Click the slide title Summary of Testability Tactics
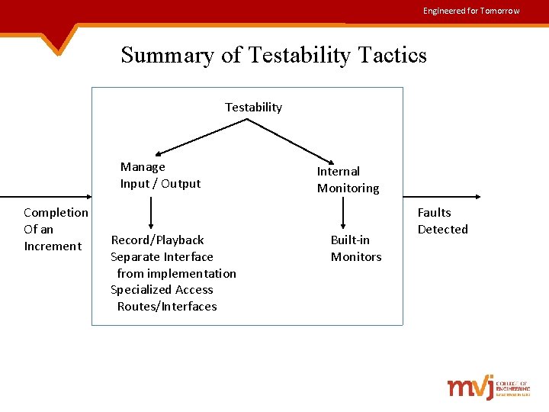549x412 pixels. click(274, 55)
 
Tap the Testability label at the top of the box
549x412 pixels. click(253, 107)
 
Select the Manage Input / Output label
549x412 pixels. click(160, 175)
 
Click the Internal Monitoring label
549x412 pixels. click(348, 179)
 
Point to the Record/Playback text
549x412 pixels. click(157, 240)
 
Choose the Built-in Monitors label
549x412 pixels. click(355, 248)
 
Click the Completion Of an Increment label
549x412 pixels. click(55, 229)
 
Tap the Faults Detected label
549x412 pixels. click(442, 220)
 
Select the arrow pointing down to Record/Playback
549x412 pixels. click(150, 214)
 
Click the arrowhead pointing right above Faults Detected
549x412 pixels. click(478, 196)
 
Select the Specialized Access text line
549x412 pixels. click(162, 289)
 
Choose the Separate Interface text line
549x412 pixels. click(162, 257)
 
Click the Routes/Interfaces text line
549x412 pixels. click(167, 306)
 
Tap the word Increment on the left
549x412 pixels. click(53, 246)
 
